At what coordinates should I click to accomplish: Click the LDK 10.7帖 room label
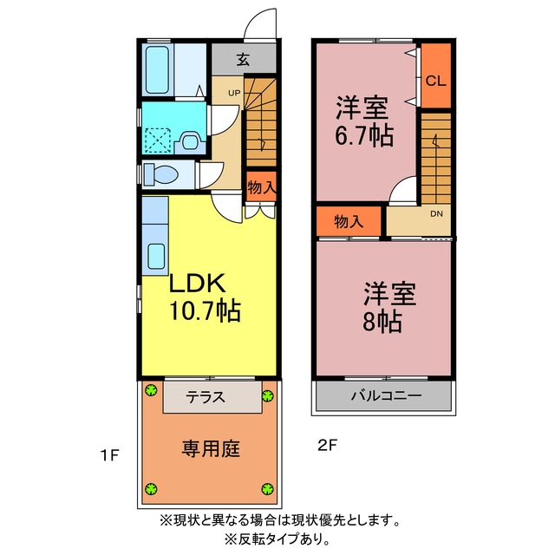(x=205, y=297)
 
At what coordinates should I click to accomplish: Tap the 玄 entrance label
(x=243, y=60)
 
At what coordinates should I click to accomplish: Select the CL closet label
(x=435, y=81)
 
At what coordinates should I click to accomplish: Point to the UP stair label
(x=234, y=93)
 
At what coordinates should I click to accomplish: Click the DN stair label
(x=436, y=214)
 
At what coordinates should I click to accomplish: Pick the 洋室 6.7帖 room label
(x=364, y=121)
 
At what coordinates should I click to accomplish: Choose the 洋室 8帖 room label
(x=388, y=306)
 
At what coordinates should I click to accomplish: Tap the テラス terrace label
(x=206, y=397)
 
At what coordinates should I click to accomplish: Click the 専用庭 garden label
(x=211, y=449)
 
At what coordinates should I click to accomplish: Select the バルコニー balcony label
(x=386, y=395)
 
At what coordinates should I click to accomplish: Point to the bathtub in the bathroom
(x=157, y=70)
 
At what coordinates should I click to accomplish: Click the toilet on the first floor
(x=160, y=175)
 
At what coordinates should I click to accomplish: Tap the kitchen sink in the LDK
(x=156, y=257)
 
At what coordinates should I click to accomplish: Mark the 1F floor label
(x=109, y=455)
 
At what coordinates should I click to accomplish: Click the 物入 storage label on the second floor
(x=349, y=222)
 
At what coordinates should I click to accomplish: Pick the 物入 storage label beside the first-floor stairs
(x=262, y=187)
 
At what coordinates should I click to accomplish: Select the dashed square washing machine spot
(x=158, y=140)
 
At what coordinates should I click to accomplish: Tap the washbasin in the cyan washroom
(x=190, y=142)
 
